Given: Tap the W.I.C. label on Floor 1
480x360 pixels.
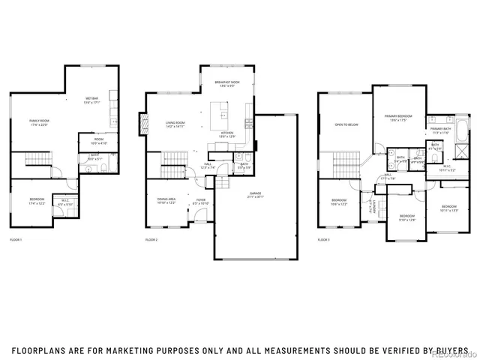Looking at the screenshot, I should (x=65, y=201).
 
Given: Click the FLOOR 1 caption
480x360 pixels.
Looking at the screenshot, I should (x=16, y=239).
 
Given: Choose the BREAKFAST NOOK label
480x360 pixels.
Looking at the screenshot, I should (x=226, y=82).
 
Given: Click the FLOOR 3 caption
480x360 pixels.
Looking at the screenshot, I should (x=324, y=239).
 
